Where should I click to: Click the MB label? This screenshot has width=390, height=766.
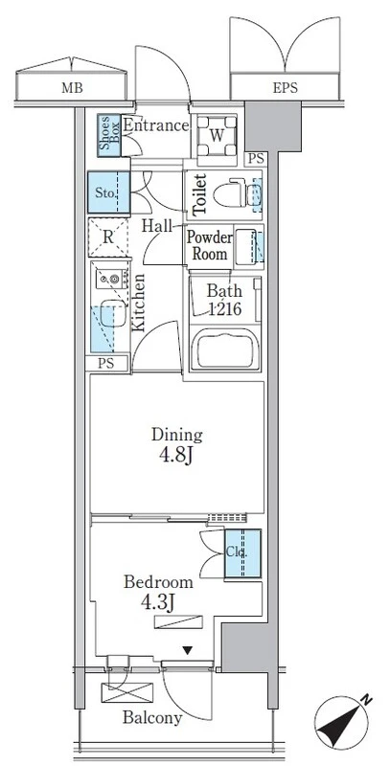(x=72, y=88)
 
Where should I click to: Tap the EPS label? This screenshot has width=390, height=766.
(x=285, y=88)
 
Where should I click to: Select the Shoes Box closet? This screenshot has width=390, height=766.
(x=109, y=135)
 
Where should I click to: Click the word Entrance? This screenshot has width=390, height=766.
(x=155, y=125)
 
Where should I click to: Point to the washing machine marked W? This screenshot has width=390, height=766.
(x=216, y=135)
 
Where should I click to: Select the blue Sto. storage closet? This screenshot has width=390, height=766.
(x=109, y=192)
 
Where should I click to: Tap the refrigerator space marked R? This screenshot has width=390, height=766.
(x=108, y=237)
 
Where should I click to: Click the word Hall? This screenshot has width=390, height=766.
(x=157, y=226)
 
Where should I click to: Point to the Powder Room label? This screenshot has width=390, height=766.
(x=210, y=246)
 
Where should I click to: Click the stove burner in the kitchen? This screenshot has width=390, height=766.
(x=114, y=279)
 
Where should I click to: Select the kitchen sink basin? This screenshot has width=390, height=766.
(x=113, y=313)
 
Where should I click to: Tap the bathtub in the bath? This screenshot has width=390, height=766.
(x=225, y=349)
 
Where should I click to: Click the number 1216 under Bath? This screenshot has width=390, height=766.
(x=225, y=308)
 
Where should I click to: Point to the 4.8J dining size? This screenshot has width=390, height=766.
(x=176, y=456)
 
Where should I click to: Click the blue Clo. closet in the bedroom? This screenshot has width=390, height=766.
(x=242, y=553)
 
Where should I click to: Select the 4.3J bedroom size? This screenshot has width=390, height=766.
(x=158, y=603)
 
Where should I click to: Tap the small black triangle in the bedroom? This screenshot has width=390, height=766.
(x=187, y=650)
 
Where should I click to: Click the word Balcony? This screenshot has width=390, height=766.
(x=152, y=717)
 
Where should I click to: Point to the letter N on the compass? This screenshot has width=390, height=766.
(x=365, y=701)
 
